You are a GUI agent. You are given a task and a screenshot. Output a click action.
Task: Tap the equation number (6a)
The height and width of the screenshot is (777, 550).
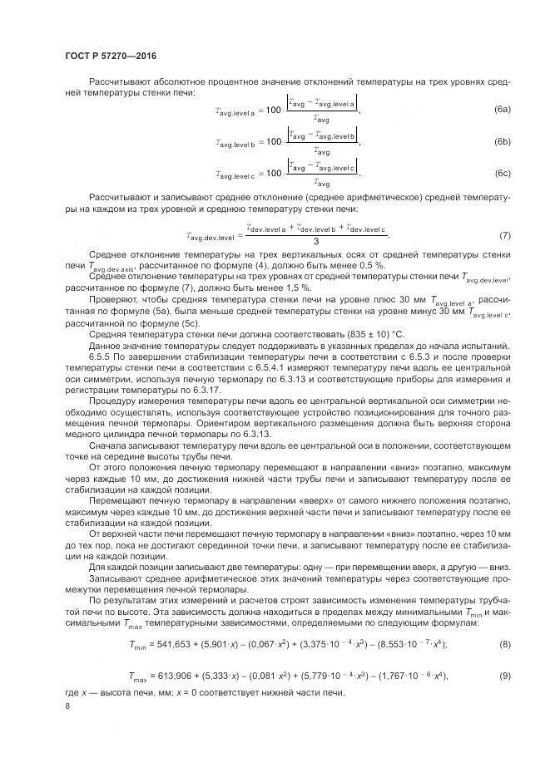pos(502,110)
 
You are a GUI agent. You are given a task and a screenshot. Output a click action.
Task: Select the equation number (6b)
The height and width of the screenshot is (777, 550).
pos(502,142)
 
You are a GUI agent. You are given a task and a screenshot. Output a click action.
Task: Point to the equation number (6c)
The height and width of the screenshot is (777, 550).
pos(502,173)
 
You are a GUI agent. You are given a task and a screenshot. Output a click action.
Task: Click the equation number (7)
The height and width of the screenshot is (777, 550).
pos(504,235)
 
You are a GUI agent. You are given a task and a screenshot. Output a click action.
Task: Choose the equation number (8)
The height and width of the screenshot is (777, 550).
pos(504,621)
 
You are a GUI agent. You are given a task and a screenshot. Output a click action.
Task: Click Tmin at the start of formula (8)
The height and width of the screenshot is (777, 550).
pos(139,622)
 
